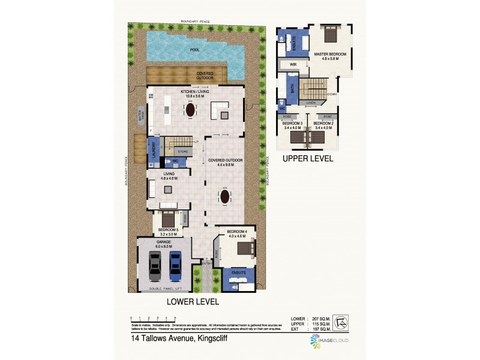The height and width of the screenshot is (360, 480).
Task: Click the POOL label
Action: tap(194, 50)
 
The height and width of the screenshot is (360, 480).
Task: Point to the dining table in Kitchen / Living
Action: tap(191, 110)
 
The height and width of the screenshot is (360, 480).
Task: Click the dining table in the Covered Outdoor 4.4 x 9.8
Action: tap(224, 196)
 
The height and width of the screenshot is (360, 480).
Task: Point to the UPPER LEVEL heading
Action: tap(307, 159)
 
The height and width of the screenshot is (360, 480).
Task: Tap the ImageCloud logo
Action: tap(329, 341)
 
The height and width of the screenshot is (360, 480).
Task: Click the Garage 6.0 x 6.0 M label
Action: tap(164, 244)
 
